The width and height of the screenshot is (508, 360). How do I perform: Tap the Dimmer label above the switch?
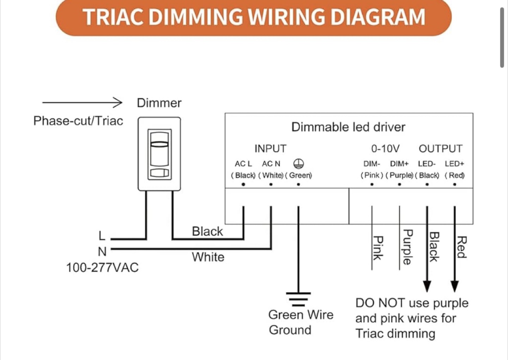point(159,103)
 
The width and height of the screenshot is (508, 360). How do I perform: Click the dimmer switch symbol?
point(159,154)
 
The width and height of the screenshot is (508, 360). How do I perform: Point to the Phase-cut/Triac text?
point(78,121)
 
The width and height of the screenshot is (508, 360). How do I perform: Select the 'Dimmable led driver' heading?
point(348,127)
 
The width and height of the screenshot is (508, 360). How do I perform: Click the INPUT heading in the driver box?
point(270,149)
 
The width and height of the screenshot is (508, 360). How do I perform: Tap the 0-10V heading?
point(385,149)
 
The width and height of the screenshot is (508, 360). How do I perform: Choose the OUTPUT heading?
point(440,149)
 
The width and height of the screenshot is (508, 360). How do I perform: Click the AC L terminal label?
point(243,164)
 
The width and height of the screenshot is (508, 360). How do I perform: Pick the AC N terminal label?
point(271,164)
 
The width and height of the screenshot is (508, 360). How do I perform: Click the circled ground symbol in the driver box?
point(298,163)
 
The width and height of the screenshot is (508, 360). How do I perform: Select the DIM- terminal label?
point(372,164)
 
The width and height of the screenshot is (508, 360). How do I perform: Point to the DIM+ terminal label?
point(399,164)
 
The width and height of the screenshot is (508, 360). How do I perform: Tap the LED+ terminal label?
point(454,164)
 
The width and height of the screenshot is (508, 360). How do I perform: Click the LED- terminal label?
point(427,164)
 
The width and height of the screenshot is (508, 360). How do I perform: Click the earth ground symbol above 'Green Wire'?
point(298,299)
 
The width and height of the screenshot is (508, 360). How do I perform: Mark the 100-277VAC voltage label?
point(102,268)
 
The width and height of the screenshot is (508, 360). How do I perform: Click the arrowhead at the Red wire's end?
point(454,286)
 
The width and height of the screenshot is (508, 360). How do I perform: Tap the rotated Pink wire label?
point(378,248)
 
